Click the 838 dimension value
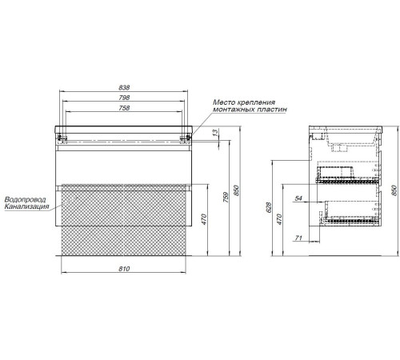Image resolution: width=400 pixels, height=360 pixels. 124,87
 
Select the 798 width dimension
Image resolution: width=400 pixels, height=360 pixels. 124,98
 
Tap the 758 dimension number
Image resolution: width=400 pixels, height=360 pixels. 124,108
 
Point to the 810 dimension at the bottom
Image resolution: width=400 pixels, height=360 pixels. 124,269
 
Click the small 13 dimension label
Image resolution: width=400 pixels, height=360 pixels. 215,131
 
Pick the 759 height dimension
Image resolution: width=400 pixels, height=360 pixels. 226,198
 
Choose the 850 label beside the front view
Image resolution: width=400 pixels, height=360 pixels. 236,190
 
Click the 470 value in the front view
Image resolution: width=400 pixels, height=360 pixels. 204,219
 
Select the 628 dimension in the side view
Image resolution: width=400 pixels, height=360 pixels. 269,207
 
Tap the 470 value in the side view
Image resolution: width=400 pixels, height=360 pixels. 279,219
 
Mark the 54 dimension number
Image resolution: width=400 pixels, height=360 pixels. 298,198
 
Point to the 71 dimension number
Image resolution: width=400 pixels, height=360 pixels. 298,238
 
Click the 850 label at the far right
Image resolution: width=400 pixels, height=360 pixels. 394,190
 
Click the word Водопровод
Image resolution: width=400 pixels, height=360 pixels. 26,199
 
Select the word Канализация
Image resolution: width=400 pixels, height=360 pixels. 27,206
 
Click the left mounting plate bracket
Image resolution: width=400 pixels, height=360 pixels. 62,138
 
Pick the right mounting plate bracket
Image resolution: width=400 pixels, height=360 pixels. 186,138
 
